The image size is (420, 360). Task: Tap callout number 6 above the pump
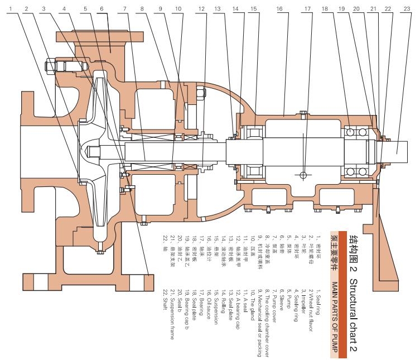pos(102,9)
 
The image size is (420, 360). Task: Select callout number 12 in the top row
pos(201,9)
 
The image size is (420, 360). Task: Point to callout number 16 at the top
pos(279,9)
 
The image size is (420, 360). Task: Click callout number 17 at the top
pos(307,9)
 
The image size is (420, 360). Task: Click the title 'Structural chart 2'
pos(353,301)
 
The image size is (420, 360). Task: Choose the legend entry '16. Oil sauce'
pos(209,285)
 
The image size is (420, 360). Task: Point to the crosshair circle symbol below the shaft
pos(303,175)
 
